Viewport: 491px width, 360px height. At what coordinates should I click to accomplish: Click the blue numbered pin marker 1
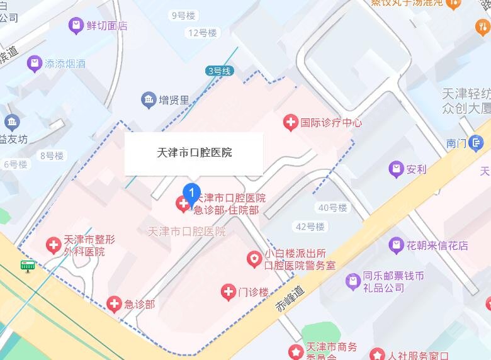click(191, 191)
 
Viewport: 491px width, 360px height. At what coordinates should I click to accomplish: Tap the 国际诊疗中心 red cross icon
click(290, 122)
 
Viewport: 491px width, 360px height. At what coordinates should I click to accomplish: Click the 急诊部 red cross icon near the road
click(114, 305)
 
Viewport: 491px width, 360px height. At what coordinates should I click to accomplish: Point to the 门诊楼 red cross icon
click(228, 291)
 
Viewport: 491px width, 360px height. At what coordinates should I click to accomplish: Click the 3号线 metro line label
click(220, 71)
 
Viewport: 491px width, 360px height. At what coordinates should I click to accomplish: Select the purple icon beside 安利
click(396, 169)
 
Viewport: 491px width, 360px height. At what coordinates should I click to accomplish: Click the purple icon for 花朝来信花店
click(396, 245)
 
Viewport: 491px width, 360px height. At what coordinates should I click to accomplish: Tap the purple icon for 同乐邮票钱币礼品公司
click(353, 281)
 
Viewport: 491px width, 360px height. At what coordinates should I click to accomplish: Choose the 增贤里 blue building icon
click(149, 99)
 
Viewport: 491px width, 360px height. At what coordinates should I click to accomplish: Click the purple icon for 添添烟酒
click(34, 64)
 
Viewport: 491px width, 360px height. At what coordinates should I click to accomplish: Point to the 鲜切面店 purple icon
click(76, 26)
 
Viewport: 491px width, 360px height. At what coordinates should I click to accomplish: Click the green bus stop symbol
click(27, 266)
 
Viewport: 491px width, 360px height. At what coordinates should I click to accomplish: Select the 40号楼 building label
click(333, 208)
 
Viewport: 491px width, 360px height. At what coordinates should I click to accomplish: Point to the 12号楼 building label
click(202, 33)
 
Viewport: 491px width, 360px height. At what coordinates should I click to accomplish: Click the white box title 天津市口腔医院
click(194, 153)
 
